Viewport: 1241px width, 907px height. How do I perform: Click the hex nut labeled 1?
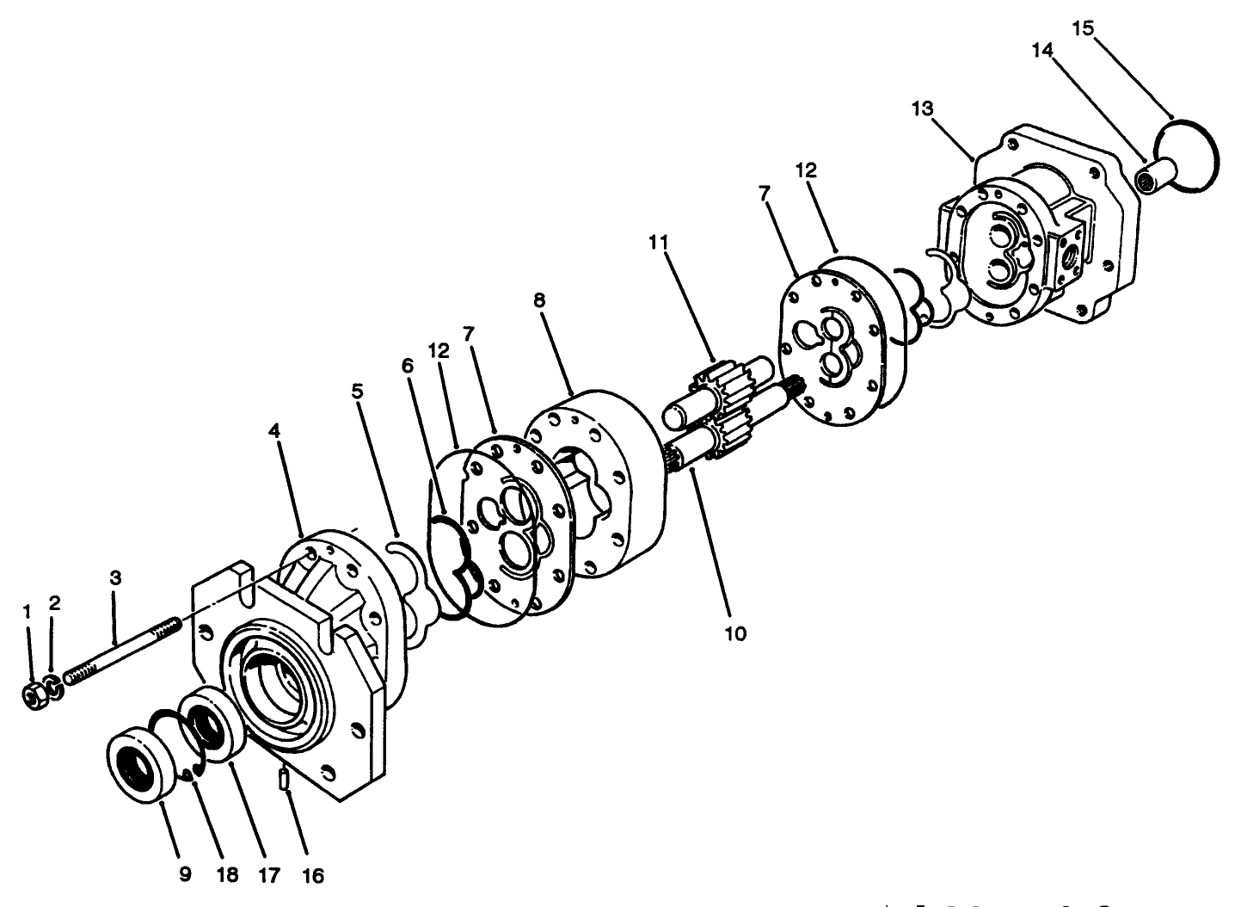point(34,694)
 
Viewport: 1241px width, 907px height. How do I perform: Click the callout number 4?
point(274,431)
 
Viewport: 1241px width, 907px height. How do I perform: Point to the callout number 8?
point(539,300)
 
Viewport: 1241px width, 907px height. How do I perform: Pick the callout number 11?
point(659,243)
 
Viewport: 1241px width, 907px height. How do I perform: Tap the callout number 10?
point(735,634)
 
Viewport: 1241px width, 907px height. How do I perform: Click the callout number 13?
point(923,108)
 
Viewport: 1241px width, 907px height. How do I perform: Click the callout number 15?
point(1083,28)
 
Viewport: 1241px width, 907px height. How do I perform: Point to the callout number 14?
point(1041,51)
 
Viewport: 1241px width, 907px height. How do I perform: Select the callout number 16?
point(313,876)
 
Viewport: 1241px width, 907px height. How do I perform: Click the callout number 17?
point(268,876)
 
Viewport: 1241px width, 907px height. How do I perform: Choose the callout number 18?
point(227,876)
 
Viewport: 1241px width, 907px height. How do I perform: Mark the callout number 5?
point(357,390)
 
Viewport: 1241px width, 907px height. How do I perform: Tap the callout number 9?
point(185,876)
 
